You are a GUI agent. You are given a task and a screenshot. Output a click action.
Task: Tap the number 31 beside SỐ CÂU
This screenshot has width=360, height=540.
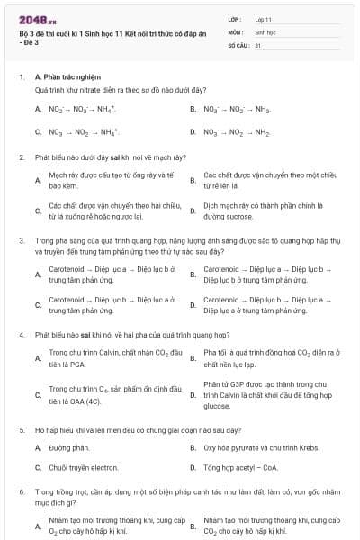[258, 44]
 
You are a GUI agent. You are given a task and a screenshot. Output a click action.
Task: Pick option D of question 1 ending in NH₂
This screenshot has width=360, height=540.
[237, 131]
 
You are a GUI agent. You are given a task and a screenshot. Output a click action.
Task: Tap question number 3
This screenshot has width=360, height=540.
[21, 240]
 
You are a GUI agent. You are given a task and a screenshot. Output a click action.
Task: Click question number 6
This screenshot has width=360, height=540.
[21, 493]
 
